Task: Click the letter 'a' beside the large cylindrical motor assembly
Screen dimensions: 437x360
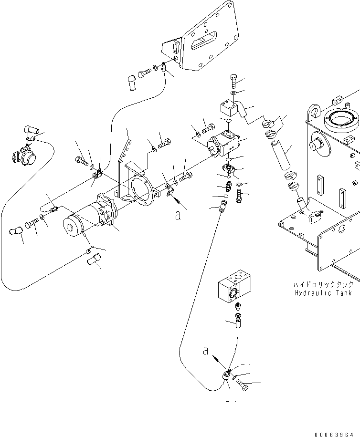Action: click(178, 216)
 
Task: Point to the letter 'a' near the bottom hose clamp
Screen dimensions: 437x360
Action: click(206, 351)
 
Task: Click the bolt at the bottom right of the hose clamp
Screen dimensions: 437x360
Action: click(243, 385)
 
